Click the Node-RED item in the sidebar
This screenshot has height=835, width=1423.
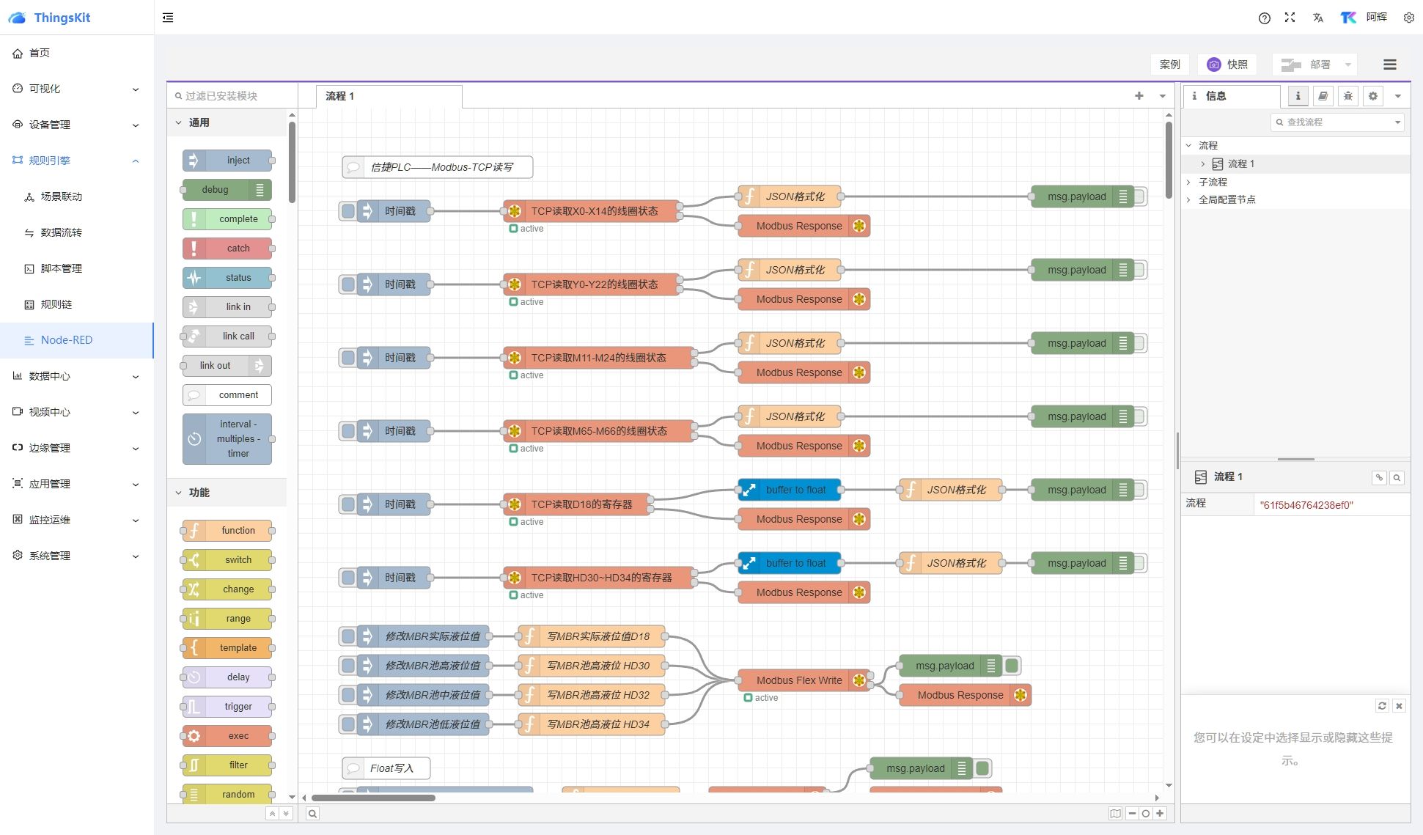[x=66, y=340]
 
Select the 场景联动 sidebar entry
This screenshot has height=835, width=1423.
[x=61, y=196]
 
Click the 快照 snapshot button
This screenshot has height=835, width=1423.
[x=1228, y=65]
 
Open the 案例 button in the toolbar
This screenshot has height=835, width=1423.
[x=1169, y=65]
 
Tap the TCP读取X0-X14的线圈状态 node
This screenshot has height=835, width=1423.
[x=594, y=211]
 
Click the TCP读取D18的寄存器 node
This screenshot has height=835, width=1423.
[x=581, y=504]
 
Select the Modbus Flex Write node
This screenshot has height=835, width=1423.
[x=798, y=680]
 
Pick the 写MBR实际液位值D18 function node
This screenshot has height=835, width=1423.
[x=597, y=636]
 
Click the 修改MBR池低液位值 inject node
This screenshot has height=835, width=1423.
[x=433, y=724]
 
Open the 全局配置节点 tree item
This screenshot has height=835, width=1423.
[x=1227, y=199]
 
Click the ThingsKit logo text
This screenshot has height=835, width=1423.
[x=62, y=18]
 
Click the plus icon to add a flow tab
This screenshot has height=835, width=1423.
[x=1139, y=96]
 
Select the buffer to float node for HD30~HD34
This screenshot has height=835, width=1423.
[x=795, y=563]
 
